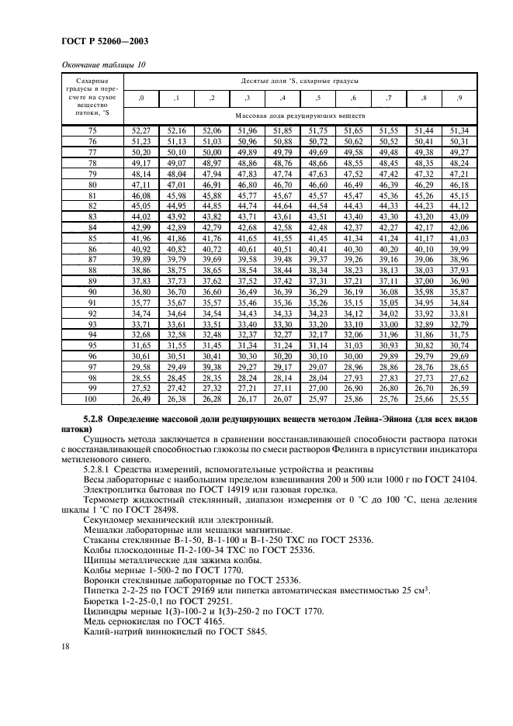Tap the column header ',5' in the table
[x=317, y=98]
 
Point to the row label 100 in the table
[x=92, y=399]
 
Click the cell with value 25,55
[x=459, y=399]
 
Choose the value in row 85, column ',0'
[x=140, y=238]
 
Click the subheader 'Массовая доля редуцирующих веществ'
[x=300, y=115]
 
